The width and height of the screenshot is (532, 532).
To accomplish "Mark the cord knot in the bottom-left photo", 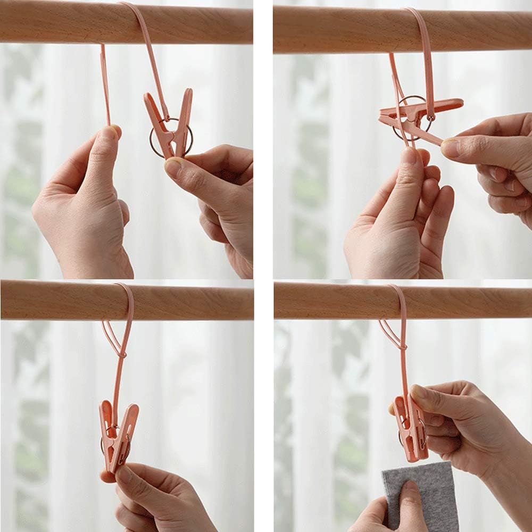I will (x=123, y=354).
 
